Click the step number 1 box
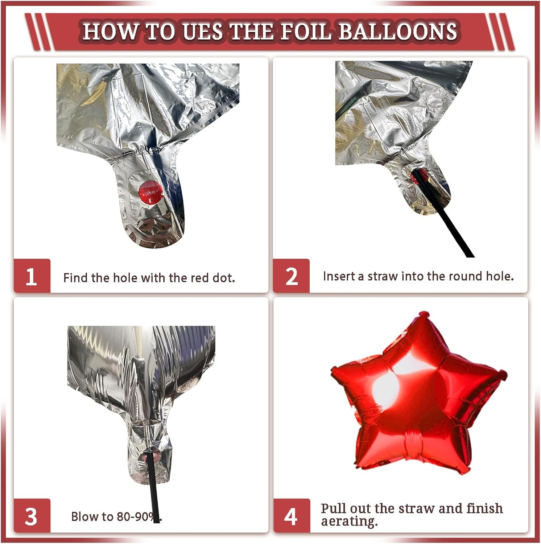[x=32, y=276]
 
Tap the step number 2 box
[x=291, y=276]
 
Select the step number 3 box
[x=32, y=516]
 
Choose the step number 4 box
[x=292, y=516]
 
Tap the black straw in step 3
[x=153, y=486]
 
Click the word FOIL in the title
[x=306, y=31]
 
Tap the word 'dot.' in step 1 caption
[x=224, y=278]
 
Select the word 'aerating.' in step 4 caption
[x=350, y=522]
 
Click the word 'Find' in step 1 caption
[x=76, y=278]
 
